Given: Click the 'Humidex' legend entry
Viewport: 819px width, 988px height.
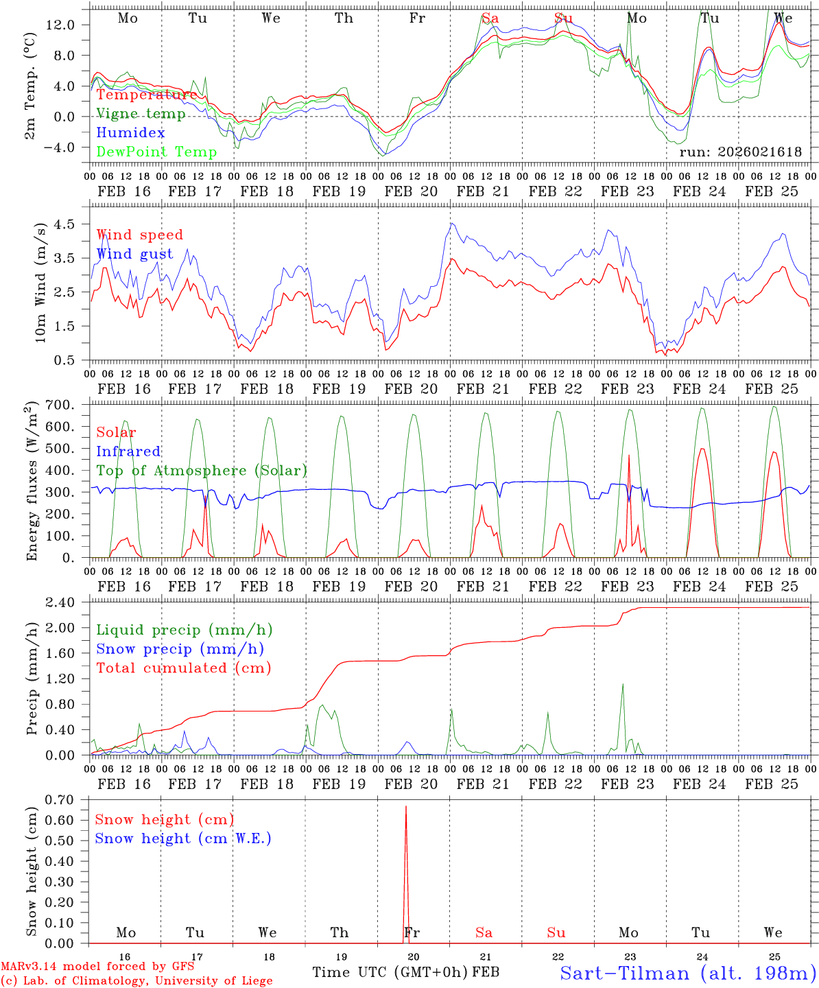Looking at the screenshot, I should click(x=130, y=133).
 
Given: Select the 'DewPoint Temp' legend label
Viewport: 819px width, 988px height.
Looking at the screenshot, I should click(x=156, y=152).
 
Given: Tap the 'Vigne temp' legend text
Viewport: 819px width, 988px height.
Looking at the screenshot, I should click(x=141, y=114).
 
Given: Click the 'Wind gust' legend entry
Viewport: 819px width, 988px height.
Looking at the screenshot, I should click(x=134, y=254).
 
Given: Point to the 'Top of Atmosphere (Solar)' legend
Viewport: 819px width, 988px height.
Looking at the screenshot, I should click(x=202, y=471).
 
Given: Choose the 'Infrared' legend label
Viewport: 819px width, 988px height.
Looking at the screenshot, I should click(x=128, y=451).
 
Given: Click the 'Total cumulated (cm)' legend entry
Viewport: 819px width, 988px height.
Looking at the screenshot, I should click(x=184, y=668).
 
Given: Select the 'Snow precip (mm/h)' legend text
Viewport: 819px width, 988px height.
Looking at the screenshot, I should click(x=180, y=649).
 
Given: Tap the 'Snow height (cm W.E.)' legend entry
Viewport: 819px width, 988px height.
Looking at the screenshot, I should click(x=183, y=838).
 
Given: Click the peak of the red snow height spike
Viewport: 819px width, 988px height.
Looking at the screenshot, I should click(x=406, y=807).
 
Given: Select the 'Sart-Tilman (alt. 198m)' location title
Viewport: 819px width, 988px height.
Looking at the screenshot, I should click(x=687, y=973).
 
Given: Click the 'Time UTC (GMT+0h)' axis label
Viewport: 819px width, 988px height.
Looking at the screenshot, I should click(x=390, y=972).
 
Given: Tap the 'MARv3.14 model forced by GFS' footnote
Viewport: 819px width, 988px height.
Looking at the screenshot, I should click(x=97, y=966).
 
